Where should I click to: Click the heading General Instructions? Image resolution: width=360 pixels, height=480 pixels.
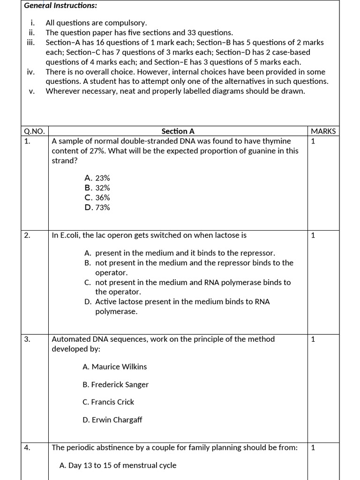coord(54,6)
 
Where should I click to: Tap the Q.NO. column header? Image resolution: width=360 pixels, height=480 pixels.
coord(34,131)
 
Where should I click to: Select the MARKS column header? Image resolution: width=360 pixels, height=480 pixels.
coord(323,131)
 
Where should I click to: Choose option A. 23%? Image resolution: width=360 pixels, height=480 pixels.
coord(97,178)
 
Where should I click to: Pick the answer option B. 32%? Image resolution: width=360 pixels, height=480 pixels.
coord(97,188)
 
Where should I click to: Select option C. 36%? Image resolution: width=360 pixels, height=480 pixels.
coord(97,198)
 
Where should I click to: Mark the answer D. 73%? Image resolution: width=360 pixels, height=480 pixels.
coord(97,208)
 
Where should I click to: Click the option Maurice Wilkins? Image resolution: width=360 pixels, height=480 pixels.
coord(114,367)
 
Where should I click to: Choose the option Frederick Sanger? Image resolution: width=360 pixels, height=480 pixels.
coord(115,384)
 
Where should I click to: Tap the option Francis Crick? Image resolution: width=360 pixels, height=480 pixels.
coord(108,402)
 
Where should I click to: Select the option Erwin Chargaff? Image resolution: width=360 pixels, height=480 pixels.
coord(112,420)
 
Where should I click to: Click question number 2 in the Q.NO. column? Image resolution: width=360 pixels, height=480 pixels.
coord(27,235)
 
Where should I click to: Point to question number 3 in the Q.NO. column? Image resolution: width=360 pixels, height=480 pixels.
coord(27,339)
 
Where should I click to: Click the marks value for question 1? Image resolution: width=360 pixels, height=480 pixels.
coord(313,141)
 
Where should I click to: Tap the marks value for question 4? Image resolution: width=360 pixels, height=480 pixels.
coord(313,448)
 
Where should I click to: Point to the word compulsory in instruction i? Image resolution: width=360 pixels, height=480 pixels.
coord(127,23)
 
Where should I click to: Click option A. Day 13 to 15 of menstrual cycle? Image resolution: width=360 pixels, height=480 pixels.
coord(118,465)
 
